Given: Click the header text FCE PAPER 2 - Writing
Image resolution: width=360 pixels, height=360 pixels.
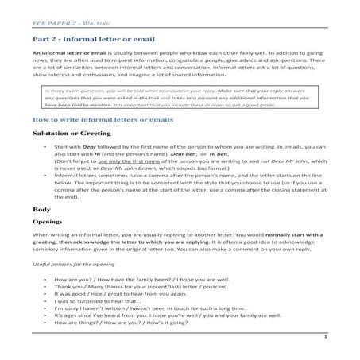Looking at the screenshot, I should (56, 14).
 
